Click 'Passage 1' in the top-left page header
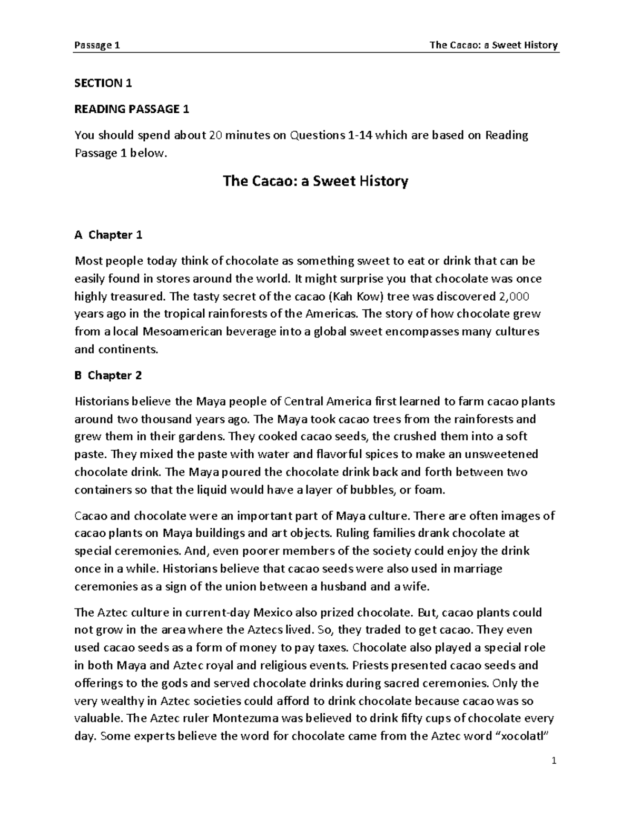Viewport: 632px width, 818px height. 97,45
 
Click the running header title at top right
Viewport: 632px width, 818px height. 493,45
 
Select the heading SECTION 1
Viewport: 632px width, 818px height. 103,83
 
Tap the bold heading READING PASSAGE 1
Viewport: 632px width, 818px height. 132,109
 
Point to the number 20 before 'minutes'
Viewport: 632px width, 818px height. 215,135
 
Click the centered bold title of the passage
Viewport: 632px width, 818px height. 315,182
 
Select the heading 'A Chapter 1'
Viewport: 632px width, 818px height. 108,235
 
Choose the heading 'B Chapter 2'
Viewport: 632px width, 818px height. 108,376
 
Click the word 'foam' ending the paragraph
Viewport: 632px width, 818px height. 433,490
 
